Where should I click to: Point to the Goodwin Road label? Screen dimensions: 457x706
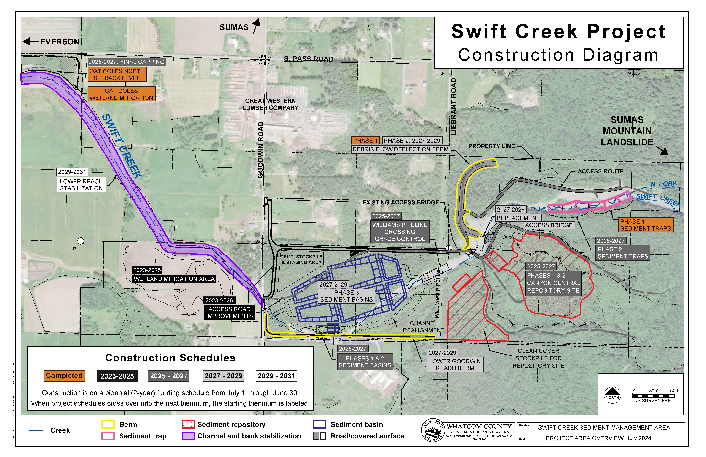pos(260,150)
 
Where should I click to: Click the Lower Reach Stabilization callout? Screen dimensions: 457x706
pos(81,185)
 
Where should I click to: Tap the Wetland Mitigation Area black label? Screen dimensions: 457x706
pos(174,279)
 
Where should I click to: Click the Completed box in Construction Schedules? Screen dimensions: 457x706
pos(64,376)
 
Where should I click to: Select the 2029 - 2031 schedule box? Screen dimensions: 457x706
pos(276,376)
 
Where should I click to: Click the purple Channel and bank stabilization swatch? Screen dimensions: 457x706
pos(188,436)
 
